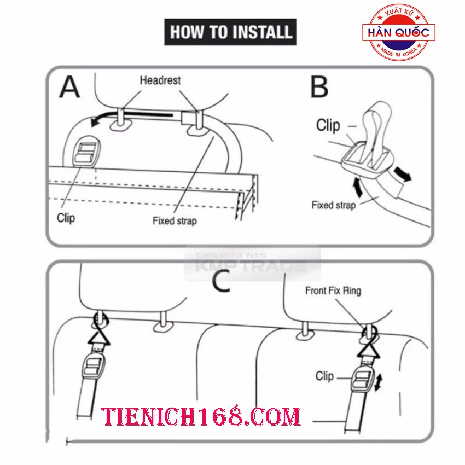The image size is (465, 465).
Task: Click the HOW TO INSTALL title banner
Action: pyautogui.click(x=230, y=32)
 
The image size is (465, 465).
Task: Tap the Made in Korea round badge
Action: pyautogui.click(x=399, y=32)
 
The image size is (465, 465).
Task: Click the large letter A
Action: pyautogui.click(x=69, y=86)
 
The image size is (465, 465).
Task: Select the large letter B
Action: pyautogui.click(x=319, y=86)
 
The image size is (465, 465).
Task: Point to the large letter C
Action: pyautogui.click(x=221, y=281)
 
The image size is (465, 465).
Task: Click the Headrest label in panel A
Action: pyautogui.click(x=160, y=80)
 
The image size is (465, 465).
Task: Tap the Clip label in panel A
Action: pyautogui.click(x=66, y=218)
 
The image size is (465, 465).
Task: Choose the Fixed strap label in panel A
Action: pyautogui.click(x=175, y=221)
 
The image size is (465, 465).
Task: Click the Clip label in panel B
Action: pyautogui.click(x=328, y=125)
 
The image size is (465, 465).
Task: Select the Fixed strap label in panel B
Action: pyautogui.click(x=334, y=205)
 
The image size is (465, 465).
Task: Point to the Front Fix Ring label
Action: pyautogui.click(x=333, y=291)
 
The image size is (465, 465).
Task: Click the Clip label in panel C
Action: pyautogui.click(x=324, y=376)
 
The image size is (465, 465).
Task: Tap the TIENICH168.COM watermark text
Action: pyautogui.click(x=200, y=416)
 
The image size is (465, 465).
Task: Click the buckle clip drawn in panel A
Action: pyautogui.click(x=86, y=153)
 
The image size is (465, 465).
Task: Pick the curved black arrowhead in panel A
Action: pyautogui.click(x=96, y=121)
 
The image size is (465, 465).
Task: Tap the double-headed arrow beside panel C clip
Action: pyautogui.click(x=379, y=382)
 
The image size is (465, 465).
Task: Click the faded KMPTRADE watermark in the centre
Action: pyautogui.click(x=252, y=264)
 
